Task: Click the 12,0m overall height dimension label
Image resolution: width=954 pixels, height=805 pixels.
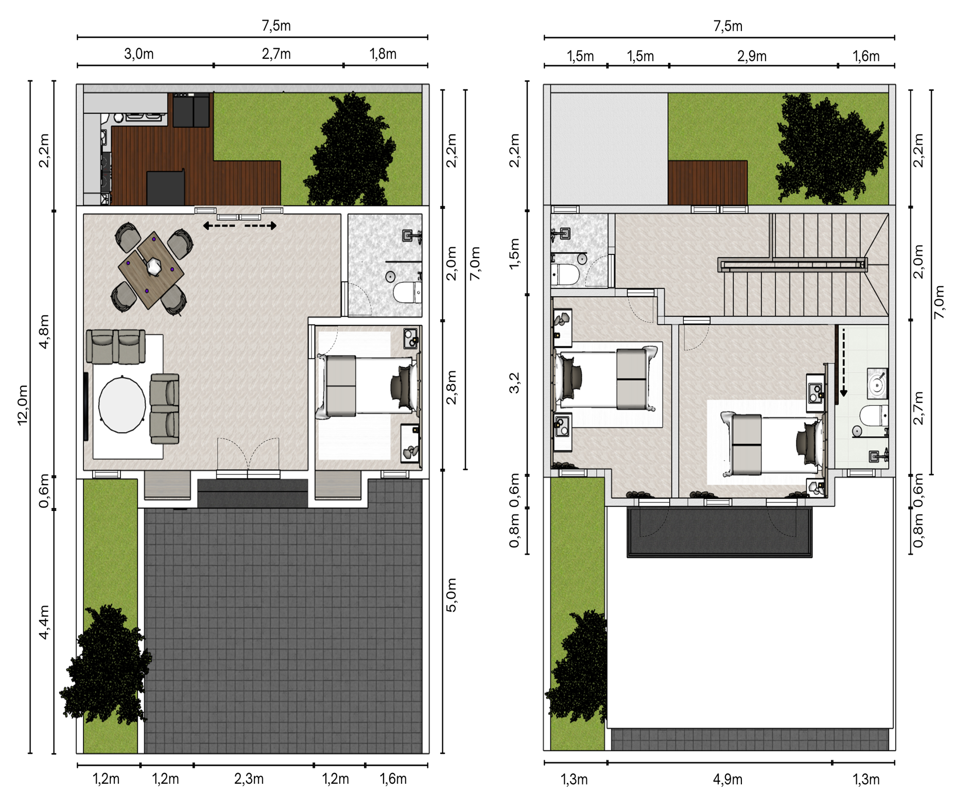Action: [23, 405]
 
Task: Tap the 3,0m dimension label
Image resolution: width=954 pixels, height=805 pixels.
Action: [139, 54]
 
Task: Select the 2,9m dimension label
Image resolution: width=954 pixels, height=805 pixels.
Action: [752, 56]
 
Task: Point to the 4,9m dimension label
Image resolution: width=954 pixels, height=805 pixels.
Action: [727, 779]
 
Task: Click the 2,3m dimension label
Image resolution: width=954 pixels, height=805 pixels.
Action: [249, 779]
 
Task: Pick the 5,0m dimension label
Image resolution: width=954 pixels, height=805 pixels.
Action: [451, 595]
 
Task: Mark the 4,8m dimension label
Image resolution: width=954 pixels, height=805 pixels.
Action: [44, 331]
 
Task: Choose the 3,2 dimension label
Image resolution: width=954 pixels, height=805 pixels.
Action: [514, 383]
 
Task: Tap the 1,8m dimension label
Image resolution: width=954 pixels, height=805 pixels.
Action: [383, 54]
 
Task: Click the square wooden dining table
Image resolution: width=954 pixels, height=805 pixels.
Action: [151, 270]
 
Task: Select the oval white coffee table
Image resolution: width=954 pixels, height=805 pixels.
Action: [122, 405]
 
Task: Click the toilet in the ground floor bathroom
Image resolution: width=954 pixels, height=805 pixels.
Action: [407, 293]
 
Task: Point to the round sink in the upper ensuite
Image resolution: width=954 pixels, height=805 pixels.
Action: [877, 384]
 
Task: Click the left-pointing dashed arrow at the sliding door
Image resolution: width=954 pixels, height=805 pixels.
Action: [219, 226]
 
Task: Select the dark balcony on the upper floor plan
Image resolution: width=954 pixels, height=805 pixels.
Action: [719, 532]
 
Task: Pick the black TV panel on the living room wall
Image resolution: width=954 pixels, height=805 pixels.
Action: [86, 406]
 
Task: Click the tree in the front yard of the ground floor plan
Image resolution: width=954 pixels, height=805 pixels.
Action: [106, 664]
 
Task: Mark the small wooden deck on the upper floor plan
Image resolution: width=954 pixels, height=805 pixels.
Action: [707, 182]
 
